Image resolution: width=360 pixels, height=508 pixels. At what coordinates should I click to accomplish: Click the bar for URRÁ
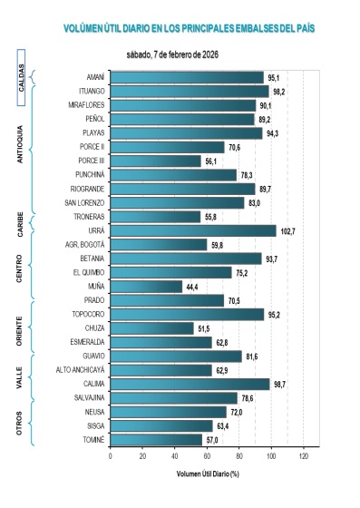(x=192, y=230)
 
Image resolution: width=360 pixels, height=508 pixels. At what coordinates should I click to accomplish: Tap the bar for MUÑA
(x=145, y=286)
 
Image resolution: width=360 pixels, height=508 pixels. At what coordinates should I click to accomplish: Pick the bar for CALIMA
(x=190, y=384)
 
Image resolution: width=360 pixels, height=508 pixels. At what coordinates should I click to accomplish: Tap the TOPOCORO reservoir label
(x=88, y=314)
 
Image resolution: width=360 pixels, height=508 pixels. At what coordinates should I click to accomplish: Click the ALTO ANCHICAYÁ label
(x=81, y=370)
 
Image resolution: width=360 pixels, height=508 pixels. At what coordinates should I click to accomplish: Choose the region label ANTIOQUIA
(x=21, y=145)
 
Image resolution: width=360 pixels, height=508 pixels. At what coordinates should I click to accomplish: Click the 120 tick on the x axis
(x=304, y=455)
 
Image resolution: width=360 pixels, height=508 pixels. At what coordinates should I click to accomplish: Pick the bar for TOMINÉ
(x=156, y=439)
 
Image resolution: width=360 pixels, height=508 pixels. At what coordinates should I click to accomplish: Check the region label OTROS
(x=21, y=424)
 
